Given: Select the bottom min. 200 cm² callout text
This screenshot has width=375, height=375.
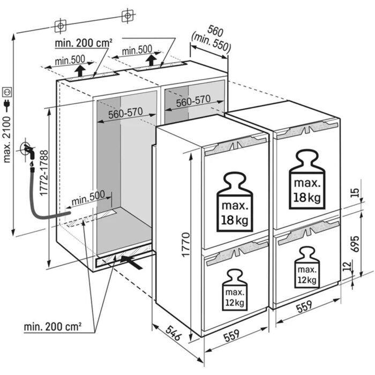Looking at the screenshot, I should (x=52, y=326).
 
